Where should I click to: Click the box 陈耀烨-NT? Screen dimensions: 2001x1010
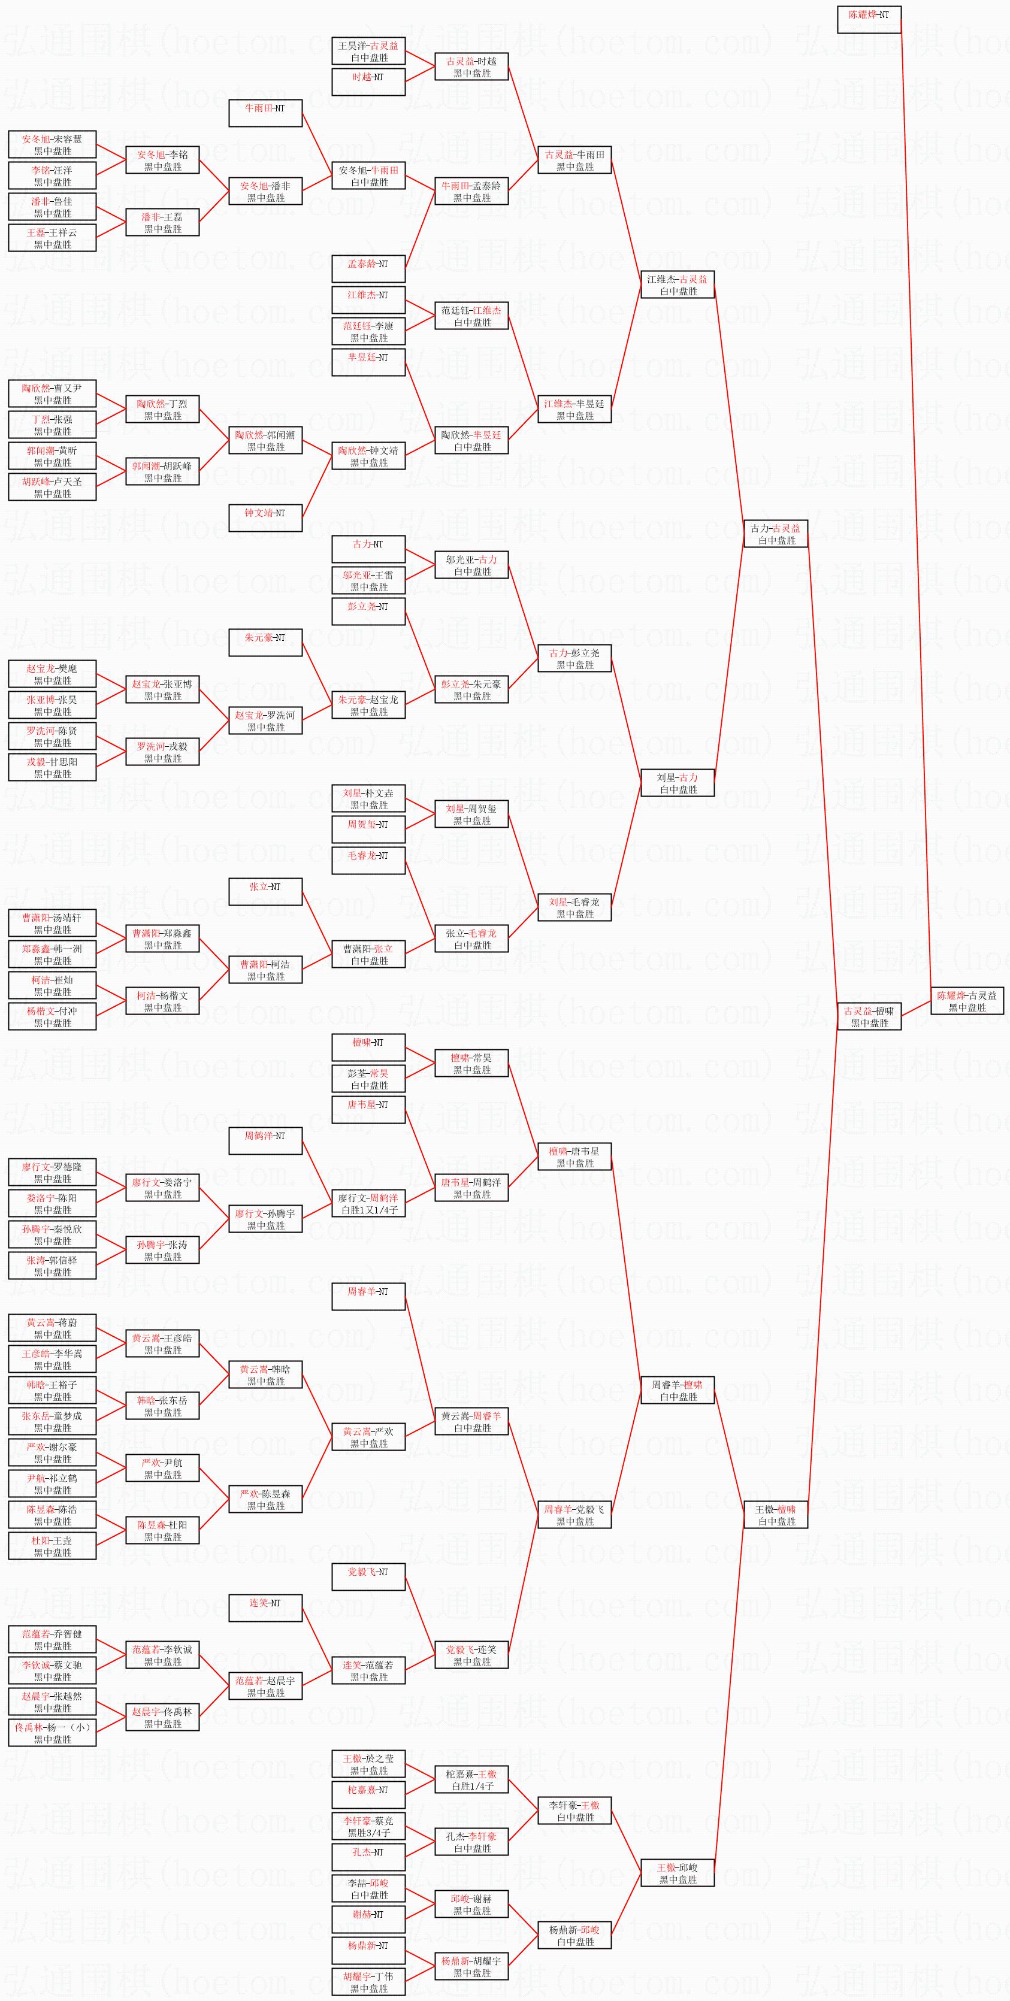[869, 19]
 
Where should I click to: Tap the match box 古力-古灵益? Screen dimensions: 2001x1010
[775, 534]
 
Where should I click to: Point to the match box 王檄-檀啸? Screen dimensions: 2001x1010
[775, 1515]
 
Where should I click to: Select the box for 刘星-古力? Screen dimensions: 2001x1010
[677, 783]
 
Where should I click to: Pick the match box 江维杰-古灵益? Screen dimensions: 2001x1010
[677, 284]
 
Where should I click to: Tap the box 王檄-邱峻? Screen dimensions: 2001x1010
[677, 1873]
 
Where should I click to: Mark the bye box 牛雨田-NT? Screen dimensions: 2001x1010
[265, 113]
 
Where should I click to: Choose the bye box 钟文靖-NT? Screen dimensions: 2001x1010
[265, 517]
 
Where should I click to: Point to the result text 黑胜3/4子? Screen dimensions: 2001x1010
[368, 1833]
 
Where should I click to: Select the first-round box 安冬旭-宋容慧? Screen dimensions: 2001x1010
[52, 144]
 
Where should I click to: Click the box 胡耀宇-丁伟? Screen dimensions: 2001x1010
[368, 1982]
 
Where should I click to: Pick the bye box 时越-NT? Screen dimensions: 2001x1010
[368, 81]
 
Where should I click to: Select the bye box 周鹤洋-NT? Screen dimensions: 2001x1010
[265, 1140]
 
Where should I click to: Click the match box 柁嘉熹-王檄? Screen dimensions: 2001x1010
[471, 1779]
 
